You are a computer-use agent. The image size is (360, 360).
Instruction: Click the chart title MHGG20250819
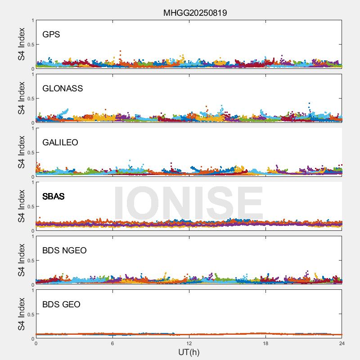click(195, 13)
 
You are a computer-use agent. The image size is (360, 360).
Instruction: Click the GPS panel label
click(51, 35)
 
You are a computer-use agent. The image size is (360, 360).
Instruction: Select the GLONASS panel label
click(63, 89)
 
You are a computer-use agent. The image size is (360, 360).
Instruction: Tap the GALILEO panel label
click(60, 143)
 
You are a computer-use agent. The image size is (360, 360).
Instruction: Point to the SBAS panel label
click(54, 197)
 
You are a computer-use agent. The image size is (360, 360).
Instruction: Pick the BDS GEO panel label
click(61, 305)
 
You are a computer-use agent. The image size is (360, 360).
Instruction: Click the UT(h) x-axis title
click(189, 352)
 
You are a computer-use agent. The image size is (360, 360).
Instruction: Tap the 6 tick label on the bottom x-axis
click(112, 343)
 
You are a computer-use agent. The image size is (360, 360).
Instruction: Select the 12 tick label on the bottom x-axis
click(189, 343)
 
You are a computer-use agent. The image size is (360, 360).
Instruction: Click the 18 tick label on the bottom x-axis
click(265, 343)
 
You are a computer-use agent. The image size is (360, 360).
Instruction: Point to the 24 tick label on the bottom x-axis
click(342, 343)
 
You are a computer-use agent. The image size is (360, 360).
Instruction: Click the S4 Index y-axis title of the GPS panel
click(22, 44)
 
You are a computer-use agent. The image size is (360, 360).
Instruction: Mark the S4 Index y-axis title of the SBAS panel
click(22, 206)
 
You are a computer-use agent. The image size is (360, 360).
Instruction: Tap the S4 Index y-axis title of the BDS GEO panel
click(22, 314)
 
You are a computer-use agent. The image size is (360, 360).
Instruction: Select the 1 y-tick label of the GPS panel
click(32, 21)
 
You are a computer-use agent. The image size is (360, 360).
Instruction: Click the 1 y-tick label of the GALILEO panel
click(32, 129)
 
